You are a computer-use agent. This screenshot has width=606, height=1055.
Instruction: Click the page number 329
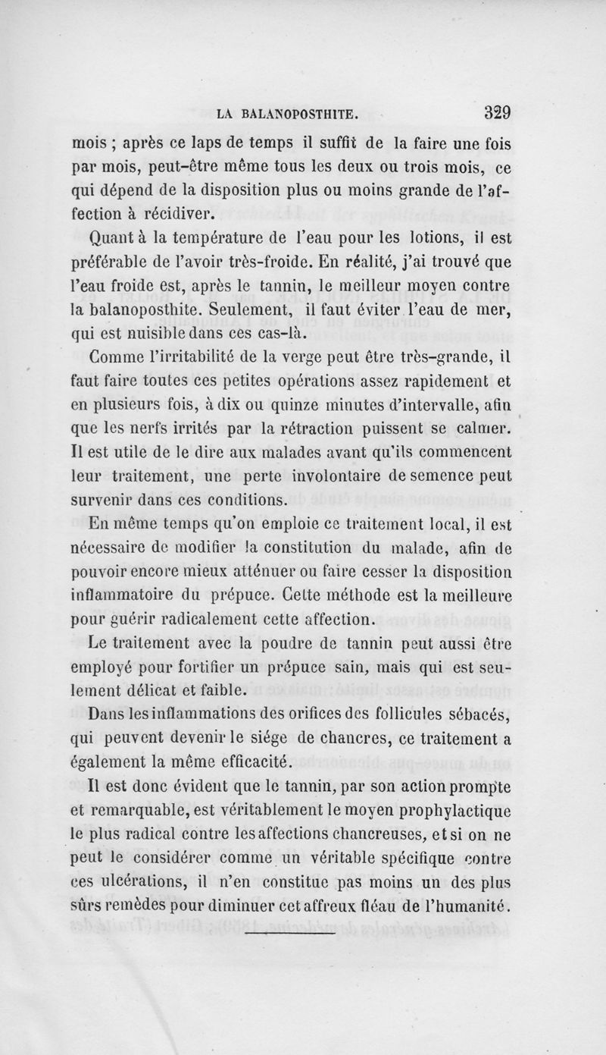click(498, 113)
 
